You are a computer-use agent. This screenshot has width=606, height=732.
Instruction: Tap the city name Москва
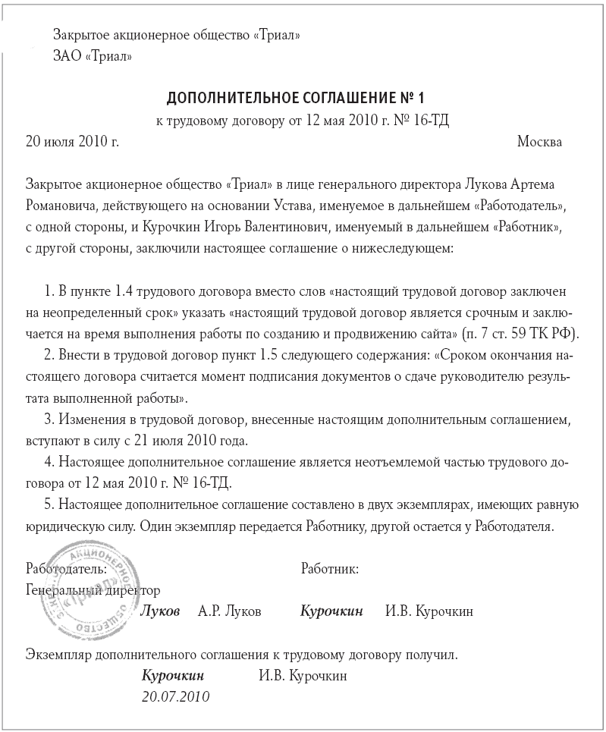point(538,141)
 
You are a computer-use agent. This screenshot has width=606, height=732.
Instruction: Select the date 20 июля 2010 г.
point(73,141)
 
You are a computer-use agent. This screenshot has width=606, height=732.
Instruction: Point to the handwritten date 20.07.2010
point(175,696)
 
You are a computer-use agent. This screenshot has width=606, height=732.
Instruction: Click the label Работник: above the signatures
point(330,568)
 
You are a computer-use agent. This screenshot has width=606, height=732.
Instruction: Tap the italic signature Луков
point(161,611)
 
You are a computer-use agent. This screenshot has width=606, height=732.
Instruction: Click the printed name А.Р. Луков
point(229,611)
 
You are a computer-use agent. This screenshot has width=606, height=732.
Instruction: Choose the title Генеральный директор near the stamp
point(93,589)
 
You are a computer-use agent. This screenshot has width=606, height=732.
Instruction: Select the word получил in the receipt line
point(433,654)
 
